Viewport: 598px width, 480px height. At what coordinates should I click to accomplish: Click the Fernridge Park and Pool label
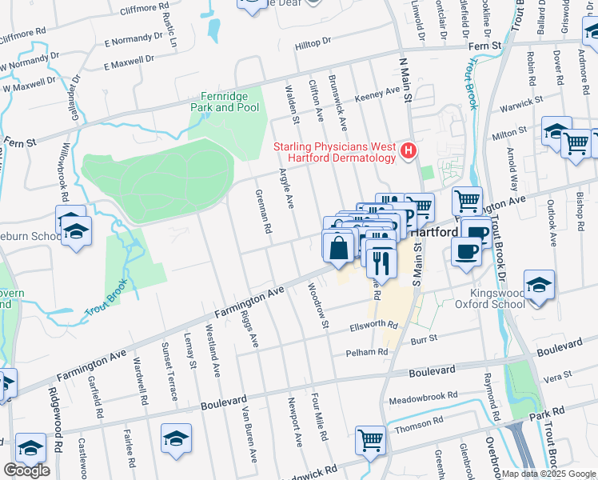point(225,102)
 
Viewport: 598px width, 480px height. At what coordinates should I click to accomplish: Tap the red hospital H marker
point(409,150)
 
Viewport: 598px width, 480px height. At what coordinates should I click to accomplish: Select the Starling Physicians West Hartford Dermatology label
point(335,152)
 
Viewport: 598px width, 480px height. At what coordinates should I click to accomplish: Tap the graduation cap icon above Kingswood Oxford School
point(539,285)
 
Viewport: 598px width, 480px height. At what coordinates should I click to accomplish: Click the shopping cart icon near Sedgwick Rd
point(371,440)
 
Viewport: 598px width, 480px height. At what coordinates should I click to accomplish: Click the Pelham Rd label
point(367,352)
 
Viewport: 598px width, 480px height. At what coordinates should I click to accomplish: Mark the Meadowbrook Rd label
point(422,396)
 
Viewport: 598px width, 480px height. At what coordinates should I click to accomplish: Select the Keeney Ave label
point(381,91)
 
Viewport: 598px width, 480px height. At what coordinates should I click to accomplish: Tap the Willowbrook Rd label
point(64,172)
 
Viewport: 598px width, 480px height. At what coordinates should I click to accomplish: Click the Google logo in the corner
point(26,470)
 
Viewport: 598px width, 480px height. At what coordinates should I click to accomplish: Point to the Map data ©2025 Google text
point(548,474)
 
